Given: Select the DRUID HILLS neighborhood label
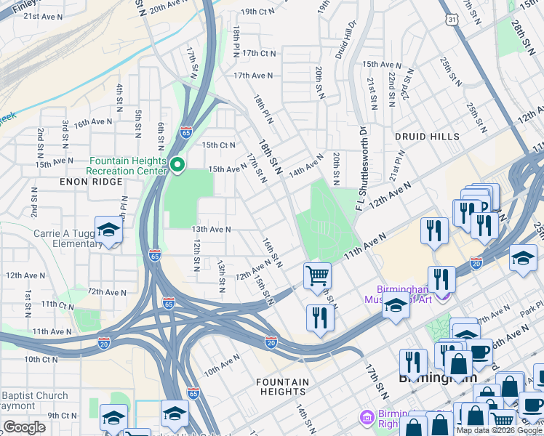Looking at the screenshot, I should pos(427,137).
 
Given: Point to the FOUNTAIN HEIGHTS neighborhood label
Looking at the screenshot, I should pos(282,387).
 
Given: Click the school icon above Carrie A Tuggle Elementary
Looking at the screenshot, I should pos(108,230).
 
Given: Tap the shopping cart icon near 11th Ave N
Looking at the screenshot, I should pos(317,276).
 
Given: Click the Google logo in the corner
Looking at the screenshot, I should pos(25,427).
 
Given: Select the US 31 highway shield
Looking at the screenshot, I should pos(452,20).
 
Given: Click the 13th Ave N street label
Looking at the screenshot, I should pos(211,229).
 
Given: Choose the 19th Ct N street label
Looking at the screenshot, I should pos(259,12).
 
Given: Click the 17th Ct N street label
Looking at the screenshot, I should pos(260,53).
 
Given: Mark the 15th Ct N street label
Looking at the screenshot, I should pos(219,145).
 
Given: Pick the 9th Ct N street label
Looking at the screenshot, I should pos(63,415).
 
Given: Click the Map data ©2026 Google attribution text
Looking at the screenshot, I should pos(498,430).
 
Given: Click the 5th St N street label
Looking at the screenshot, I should pos(137,123).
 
